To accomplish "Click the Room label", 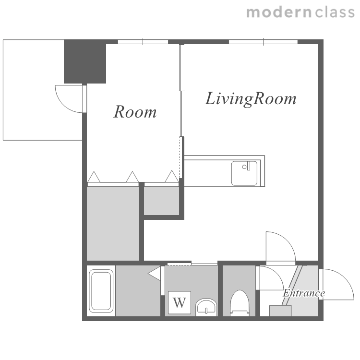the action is [x=135, y=112].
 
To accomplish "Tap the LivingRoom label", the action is [x=251, y=99].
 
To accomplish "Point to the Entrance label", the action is [x=304, y=293].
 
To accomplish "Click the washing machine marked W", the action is [x=180, y=302].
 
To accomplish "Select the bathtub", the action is [x=101, y=291].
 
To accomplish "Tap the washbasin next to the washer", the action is [x=206, y=307].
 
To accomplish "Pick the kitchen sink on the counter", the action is [x=244, y=173].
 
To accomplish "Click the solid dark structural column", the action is [x=84, y=61].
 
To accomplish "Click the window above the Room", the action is [x=143, y=42].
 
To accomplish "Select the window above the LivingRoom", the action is [x=263, y=42].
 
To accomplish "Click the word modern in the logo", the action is [x=279, y=12].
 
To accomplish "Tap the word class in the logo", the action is [x=335, y=12].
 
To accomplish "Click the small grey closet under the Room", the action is [x=161, y=201].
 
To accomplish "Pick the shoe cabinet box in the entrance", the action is [x=280, y=311].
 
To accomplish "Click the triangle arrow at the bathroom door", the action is [x=154, y=274].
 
